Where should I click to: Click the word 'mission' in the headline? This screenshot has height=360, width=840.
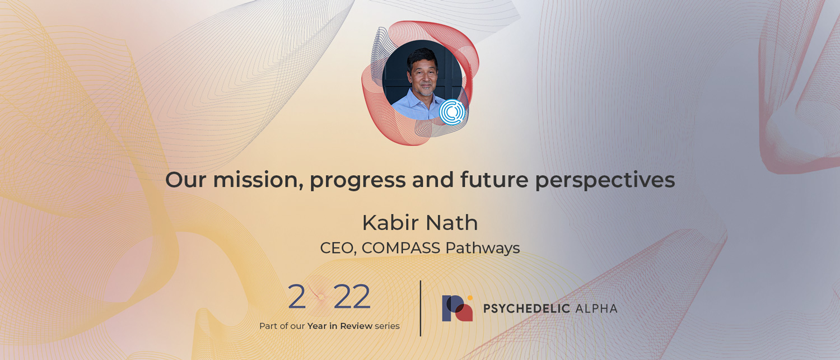coord(258,180)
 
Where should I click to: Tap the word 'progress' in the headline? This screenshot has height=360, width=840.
coord(358,181)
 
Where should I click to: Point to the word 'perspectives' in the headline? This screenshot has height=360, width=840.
coord(605,181)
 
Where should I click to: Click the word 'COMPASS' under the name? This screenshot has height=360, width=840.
coord(401,248)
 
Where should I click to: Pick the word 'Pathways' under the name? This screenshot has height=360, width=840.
coord(483,249)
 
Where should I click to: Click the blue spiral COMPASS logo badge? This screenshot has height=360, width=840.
coord(452,111)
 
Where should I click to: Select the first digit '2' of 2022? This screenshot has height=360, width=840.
coord(297,297)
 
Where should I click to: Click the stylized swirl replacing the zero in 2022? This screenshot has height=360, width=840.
coord(320,296)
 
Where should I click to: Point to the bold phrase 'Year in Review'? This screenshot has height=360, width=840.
coord(340,326)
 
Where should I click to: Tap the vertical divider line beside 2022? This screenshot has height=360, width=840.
coord(421,308)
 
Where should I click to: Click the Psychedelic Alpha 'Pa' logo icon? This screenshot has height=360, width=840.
coord(458,308)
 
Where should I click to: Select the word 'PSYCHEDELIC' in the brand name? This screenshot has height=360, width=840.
coord(526,308)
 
